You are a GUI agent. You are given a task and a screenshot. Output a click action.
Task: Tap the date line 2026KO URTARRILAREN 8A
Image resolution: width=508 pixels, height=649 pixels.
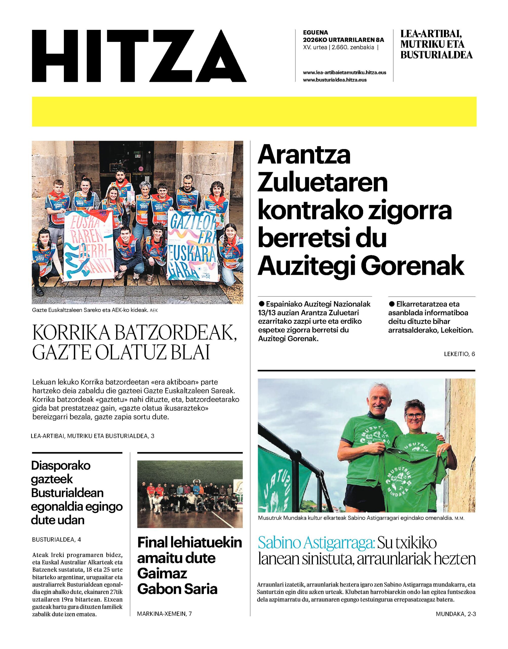point(344,40)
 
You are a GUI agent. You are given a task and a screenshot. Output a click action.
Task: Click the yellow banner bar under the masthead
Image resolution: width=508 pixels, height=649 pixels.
point(254,111)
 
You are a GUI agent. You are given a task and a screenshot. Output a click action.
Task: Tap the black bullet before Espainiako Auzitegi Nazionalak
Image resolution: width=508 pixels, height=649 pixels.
point(262,304)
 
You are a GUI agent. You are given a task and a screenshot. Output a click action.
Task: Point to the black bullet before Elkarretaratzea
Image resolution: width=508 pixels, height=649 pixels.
point(392,304)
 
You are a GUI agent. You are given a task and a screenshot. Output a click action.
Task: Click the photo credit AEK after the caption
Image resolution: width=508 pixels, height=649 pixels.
point(153,311)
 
